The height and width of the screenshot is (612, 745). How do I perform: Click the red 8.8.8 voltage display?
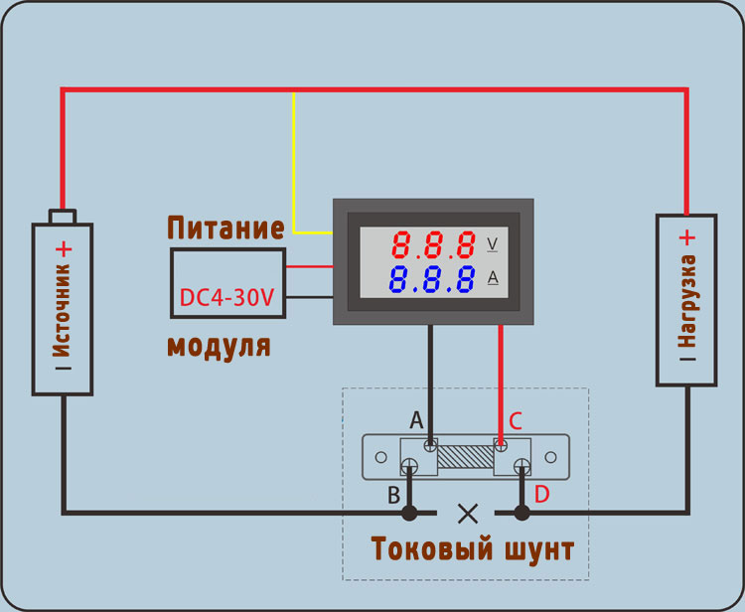click(x=432, y=244)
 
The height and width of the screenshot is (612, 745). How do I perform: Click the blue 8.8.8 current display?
click(x=432, y=279)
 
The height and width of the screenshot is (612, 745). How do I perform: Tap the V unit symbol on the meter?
click(x=493, y=243)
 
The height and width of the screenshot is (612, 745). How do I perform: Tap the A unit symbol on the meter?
click(x=493, y=278)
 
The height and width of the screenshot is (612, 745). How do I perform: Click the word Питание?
click(x=225, y=228)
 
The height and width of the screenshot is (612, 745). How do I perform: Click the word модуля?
click(x=218, y=347)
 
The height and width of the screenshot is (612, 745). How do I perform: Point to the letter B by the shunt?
click(x=394, y=493)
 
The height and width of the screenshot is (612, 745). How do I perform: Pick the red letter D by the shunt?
click(x=541, y=493)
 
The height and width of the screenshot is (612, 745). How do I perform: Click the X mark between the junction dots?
click(x=466, y=513)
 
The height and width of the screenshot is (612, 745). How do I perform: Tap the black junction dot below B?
click(x=408, y=513)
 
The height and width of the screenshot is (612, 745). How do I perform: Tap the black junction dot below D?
click(x=521, y=513)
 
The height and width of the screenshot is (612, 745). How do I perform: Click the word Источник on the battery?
click(x=64, y=312)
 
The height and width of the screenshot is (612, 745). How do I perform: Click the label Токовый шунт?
click(x=472, y=548)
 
